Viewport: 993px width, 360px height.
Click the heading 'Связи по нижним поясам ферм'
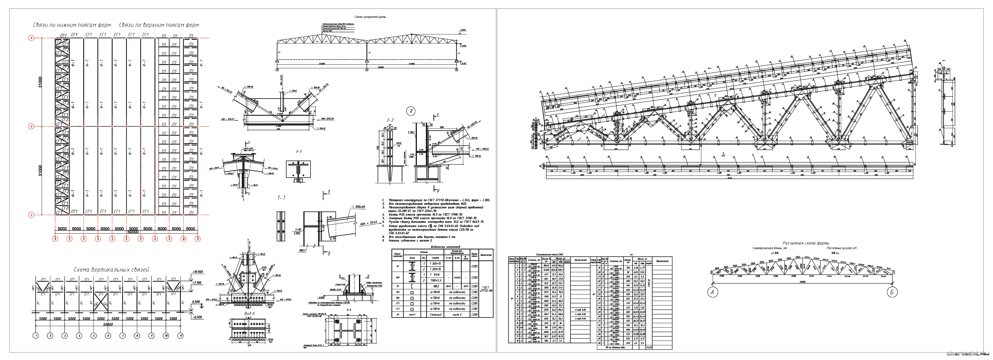[x=72, y=25]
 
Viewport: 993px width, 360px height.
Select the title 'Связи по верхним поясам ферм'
[x=159, y=25]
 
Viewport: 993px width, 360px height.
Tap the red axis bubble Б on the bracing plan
[x=31, y=126]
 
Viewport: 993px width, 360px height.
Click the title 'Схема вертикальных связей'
[x=111, y=270]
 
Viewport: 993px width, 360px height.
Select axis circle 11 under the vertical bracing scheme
[x=180, y=336]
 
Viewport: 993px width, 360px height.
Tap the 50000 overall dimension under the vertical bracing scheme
[x=108, y=325]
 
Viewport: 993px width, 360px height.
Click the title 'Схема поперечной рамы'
[x=370, y=17]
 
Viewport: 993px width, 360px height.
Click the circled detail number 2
[x=411, y=111]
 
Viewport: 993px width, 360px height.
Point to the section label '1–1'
[x=281, y=198]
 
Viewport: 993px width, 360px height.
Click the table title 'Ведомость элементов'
[x=445, y=247]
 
